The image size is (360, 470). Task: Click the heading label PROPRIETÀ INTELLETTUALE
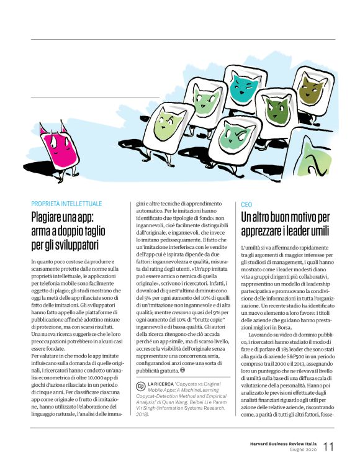[67, 204]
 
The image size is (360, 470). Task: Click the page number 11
[329, 446]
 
